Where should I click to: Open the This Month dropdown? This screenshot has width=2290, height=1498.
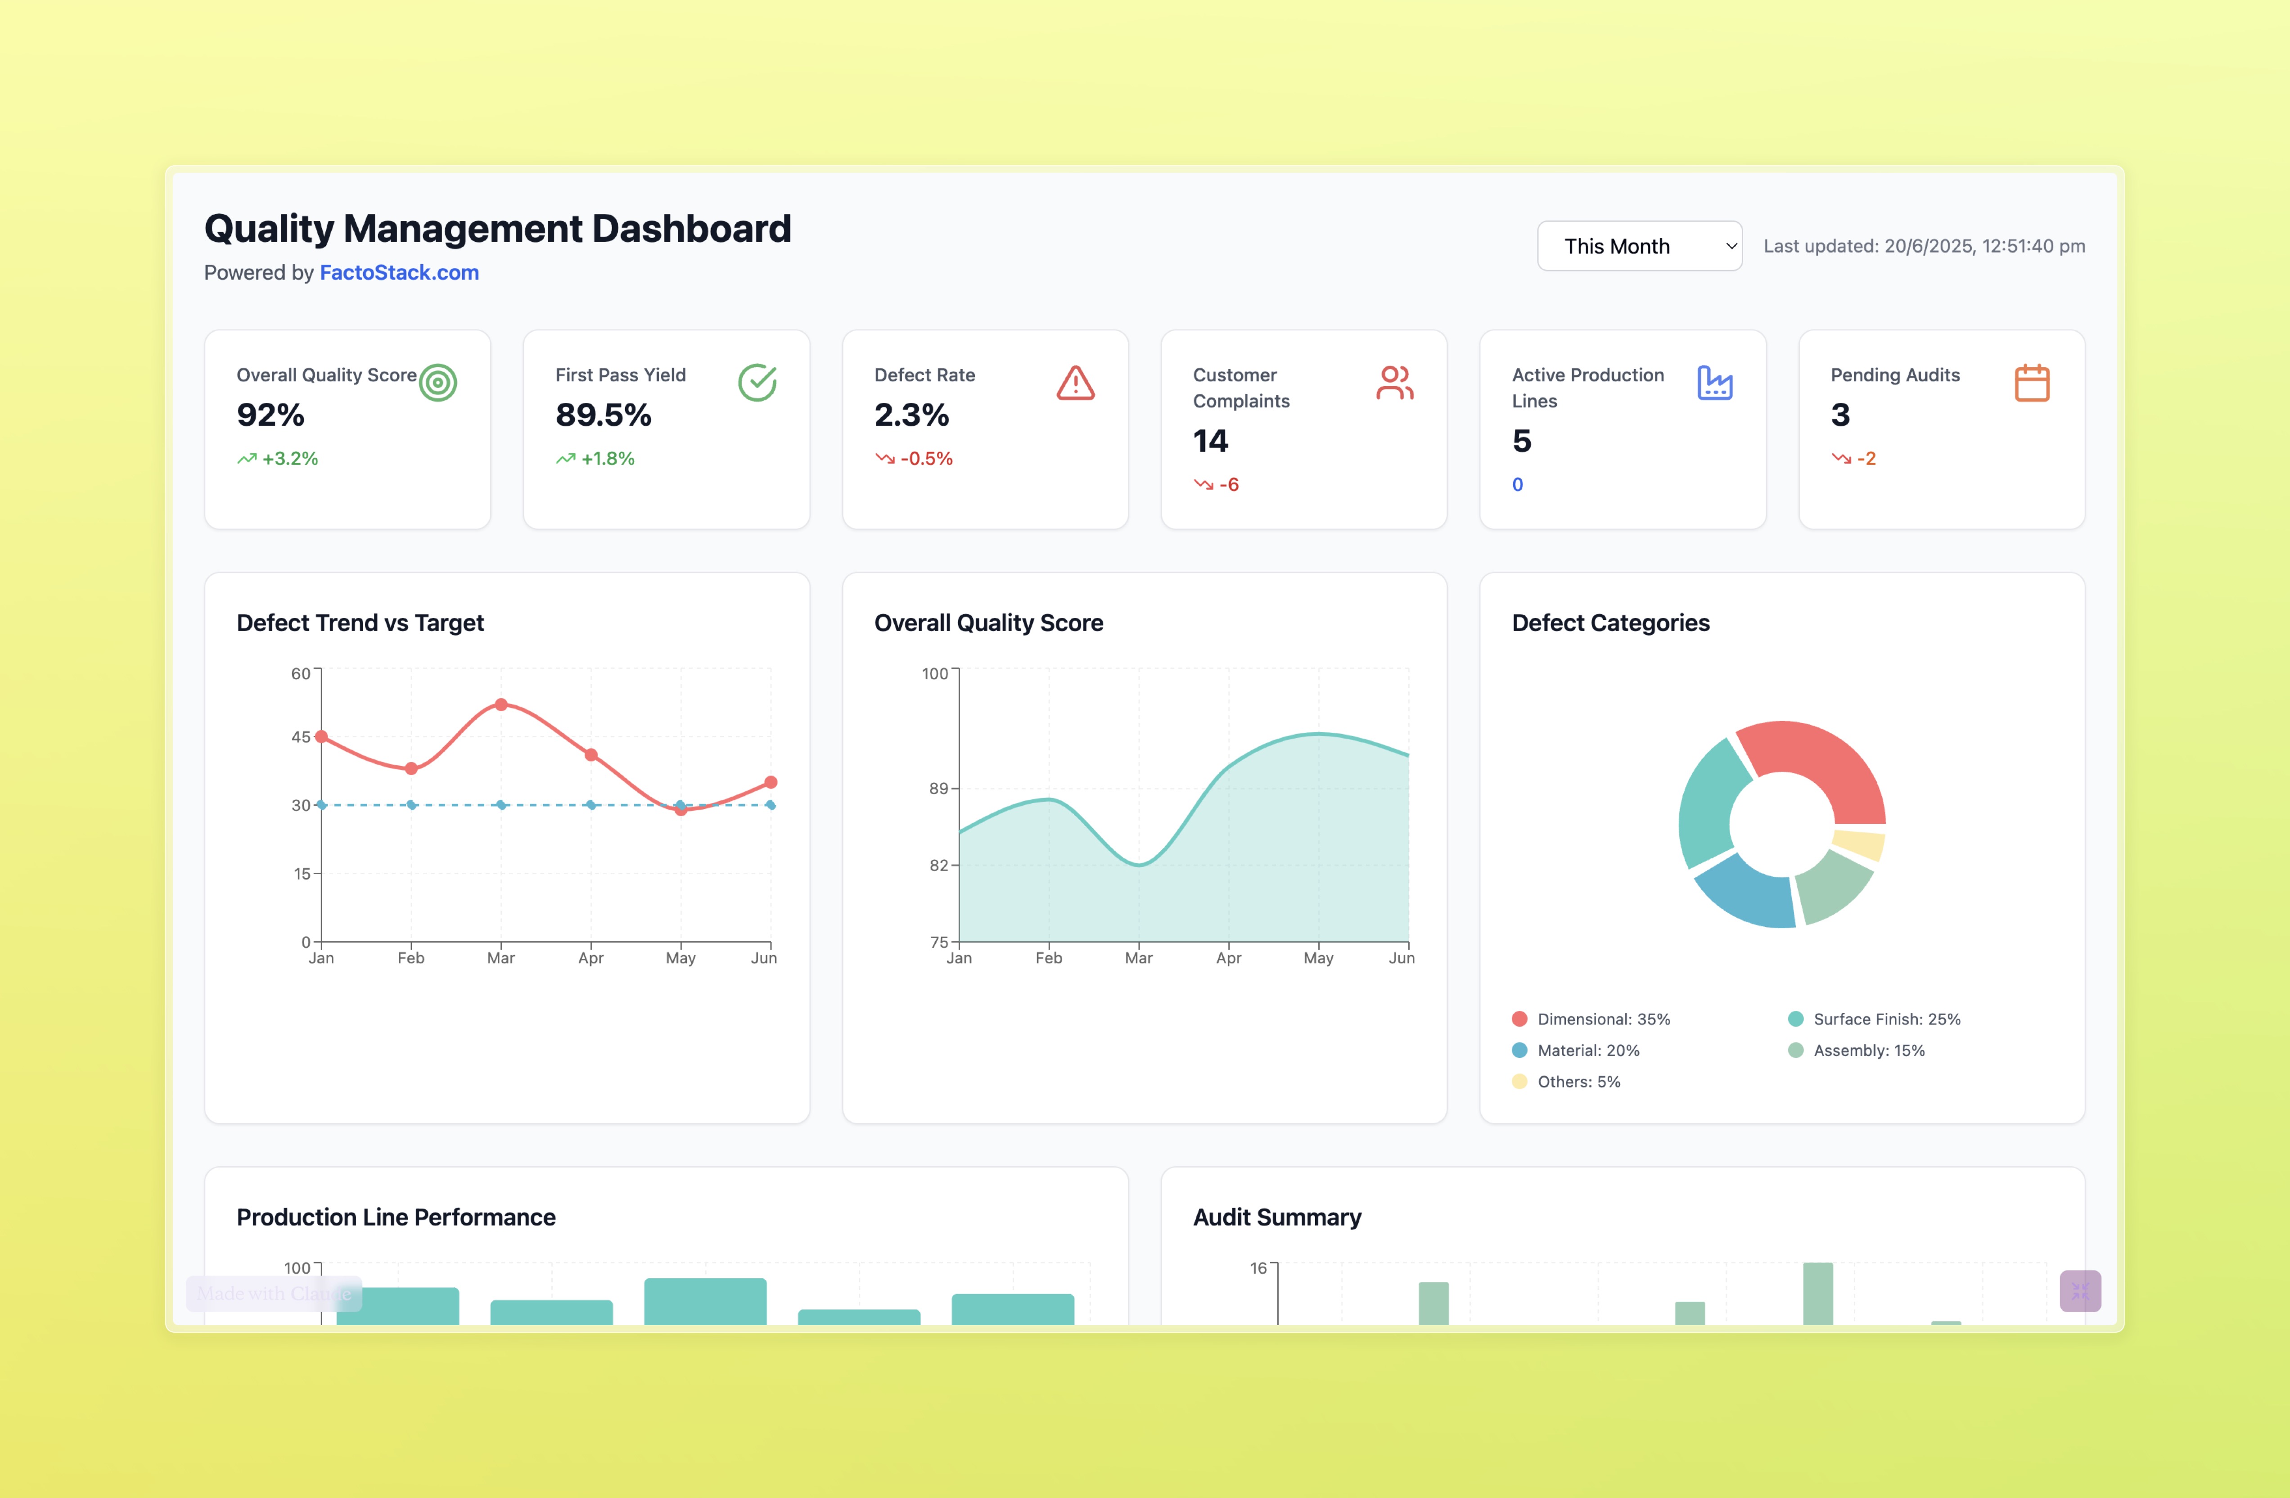pos(1639,246)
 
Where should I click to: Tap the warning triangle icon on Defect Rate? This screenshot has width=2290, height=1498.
pos(1075,383)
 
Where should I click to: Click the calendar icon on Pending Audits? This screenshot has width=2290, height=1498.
pos(2031,383)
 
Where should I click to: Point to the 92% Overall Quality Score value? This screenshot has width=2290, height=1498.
pos(270,415)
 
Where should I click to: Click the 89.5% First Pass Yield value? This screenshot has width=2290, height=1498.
pos(603,415)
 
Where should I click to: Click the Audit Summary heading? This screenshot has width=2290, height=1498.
pos(1277,1217)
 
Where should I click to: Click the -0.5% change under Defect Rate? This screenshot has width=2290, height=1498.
pos(926,459)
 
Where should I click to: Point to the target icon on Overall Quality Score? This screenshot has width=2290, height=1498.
pos(438,383)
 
